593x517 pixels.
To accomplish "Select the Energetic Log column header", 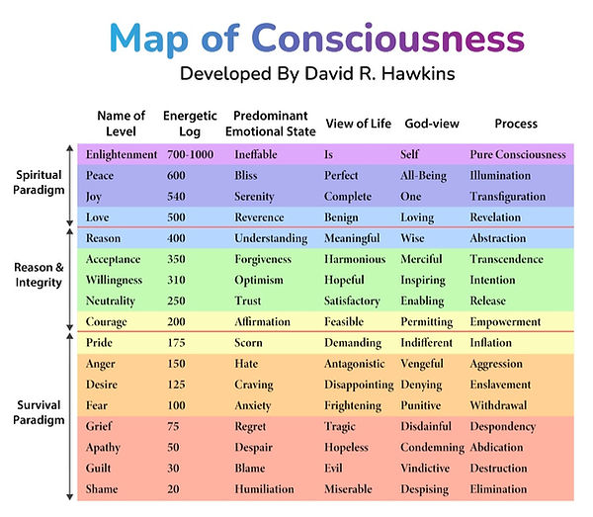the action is [x=183, y=124].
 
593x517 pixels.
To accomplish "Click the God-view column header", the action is [x=428, y=124].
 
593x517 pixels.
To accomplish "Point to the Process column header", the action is [x=516, y=124].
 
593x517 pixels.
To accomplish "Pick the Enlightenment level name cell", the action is [x=122, y=154].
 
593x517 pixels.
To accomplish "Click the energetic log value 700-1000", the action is [x=189, y=154].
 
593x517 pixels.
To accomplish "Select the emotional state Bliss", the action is [x=248, y=175].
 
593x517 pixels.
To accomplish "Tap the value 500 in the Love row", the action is [x=176, y=217].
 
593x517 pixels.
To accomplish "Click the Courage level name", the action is [x=107, y=322].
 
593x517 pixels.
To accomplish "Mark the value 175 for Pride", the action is [x=176, y=343].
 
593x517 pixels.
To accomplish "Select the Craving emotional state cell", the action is [x=254, y=385].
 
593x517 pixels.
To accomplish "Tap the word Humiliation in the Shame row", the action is [x=265, y=489].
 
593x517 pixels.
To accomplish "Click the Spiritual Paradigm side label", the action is [x=40, y=182].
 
